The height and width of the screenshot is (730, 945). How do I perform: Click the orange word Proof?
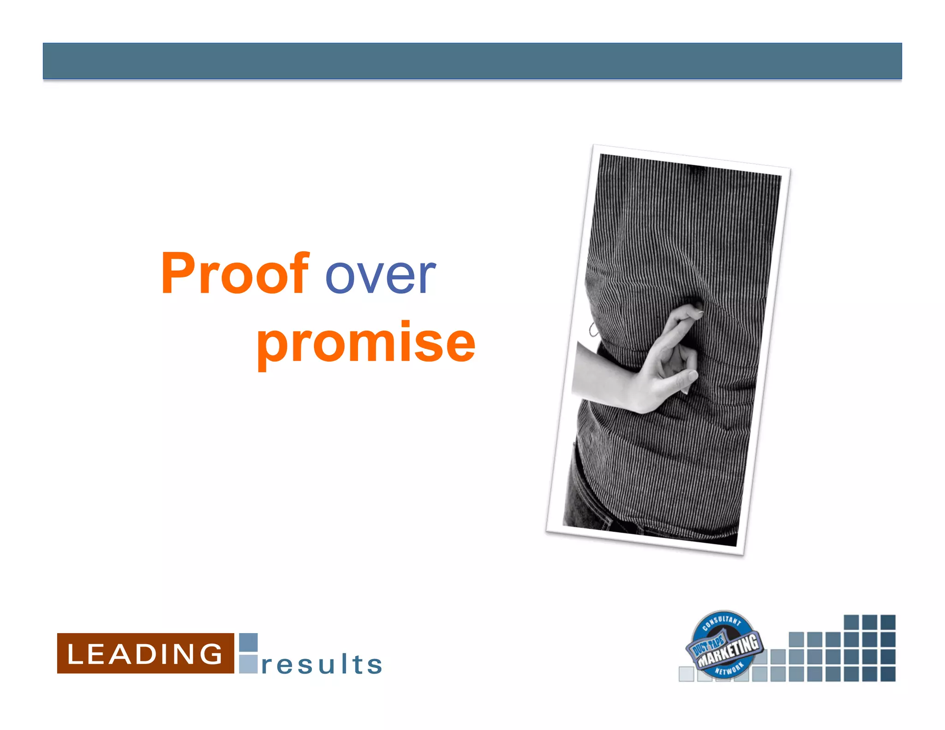[x=234, y=273]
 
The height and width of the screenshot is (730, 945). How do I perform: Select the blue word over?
[x=380, y=276]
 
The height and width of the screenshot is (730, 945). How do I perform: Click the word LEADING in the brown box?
[x=145, y=654]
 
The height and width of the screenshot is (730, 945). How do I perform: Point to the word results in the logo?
[x=322, y=664]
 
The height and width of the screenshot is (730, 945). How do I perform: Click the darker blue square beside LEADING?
[x=248, y=642]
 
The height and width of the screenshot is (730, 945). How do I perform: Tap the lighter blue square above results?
[x=248, y=664]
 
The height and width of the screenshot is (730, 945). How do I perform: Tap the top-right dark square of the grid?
[x=888, y=622]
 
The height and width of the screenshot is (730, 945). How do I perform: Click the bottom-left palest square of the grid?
[x=686, y=674]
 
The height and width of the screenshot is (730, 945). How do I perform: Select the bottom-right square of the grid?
[x=888, y=674]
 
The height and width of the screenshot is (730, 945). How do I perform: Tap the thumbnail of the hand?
[x=692, y=376]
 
